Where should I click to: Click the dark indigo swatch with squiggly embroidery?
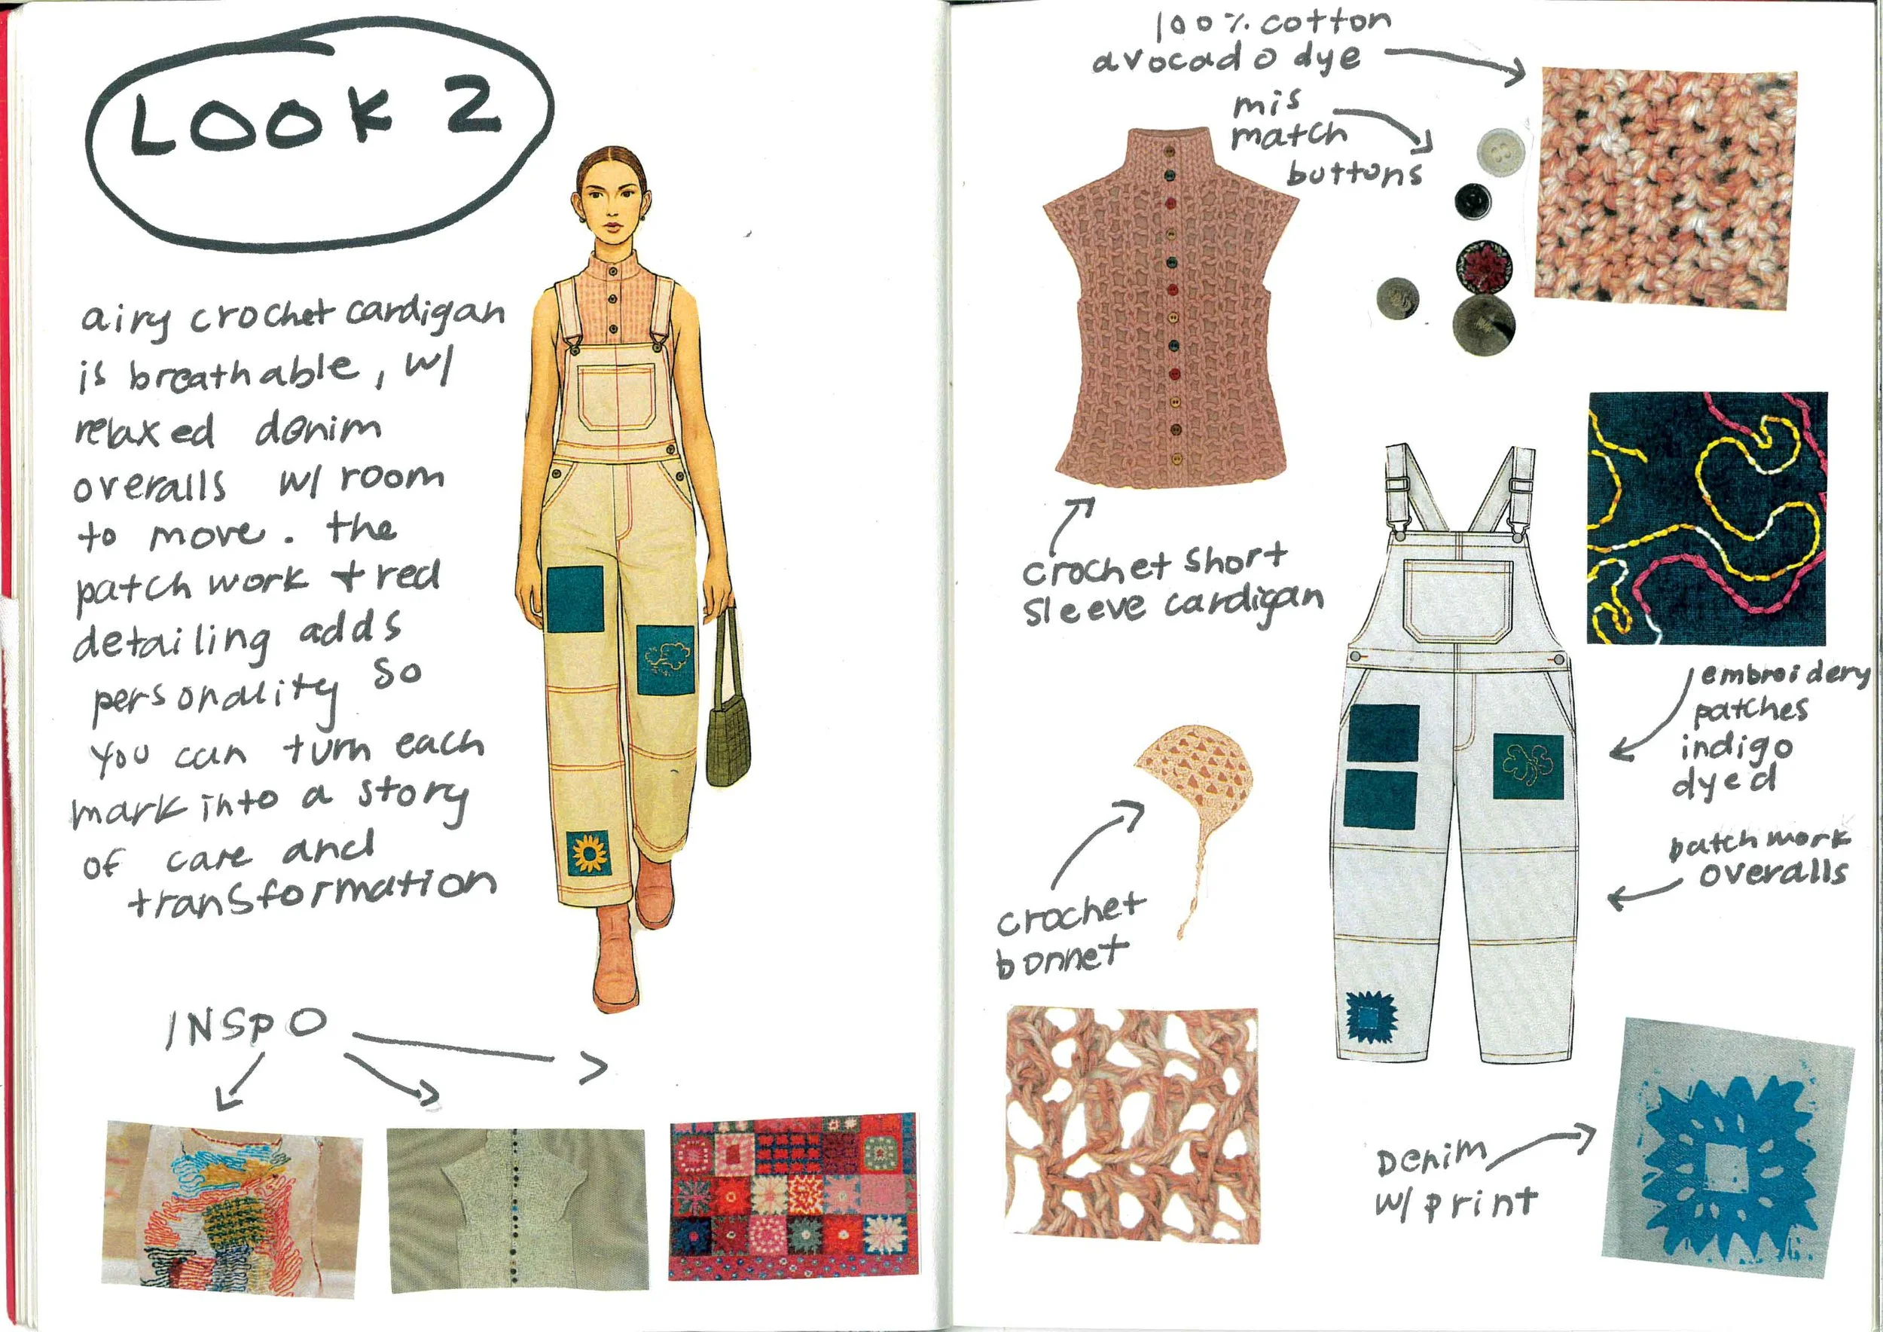(1708, 518)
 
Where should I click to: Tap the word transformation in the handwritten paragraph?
(312, 891)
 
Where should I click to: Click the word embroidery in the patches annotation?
(1784, 674)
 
